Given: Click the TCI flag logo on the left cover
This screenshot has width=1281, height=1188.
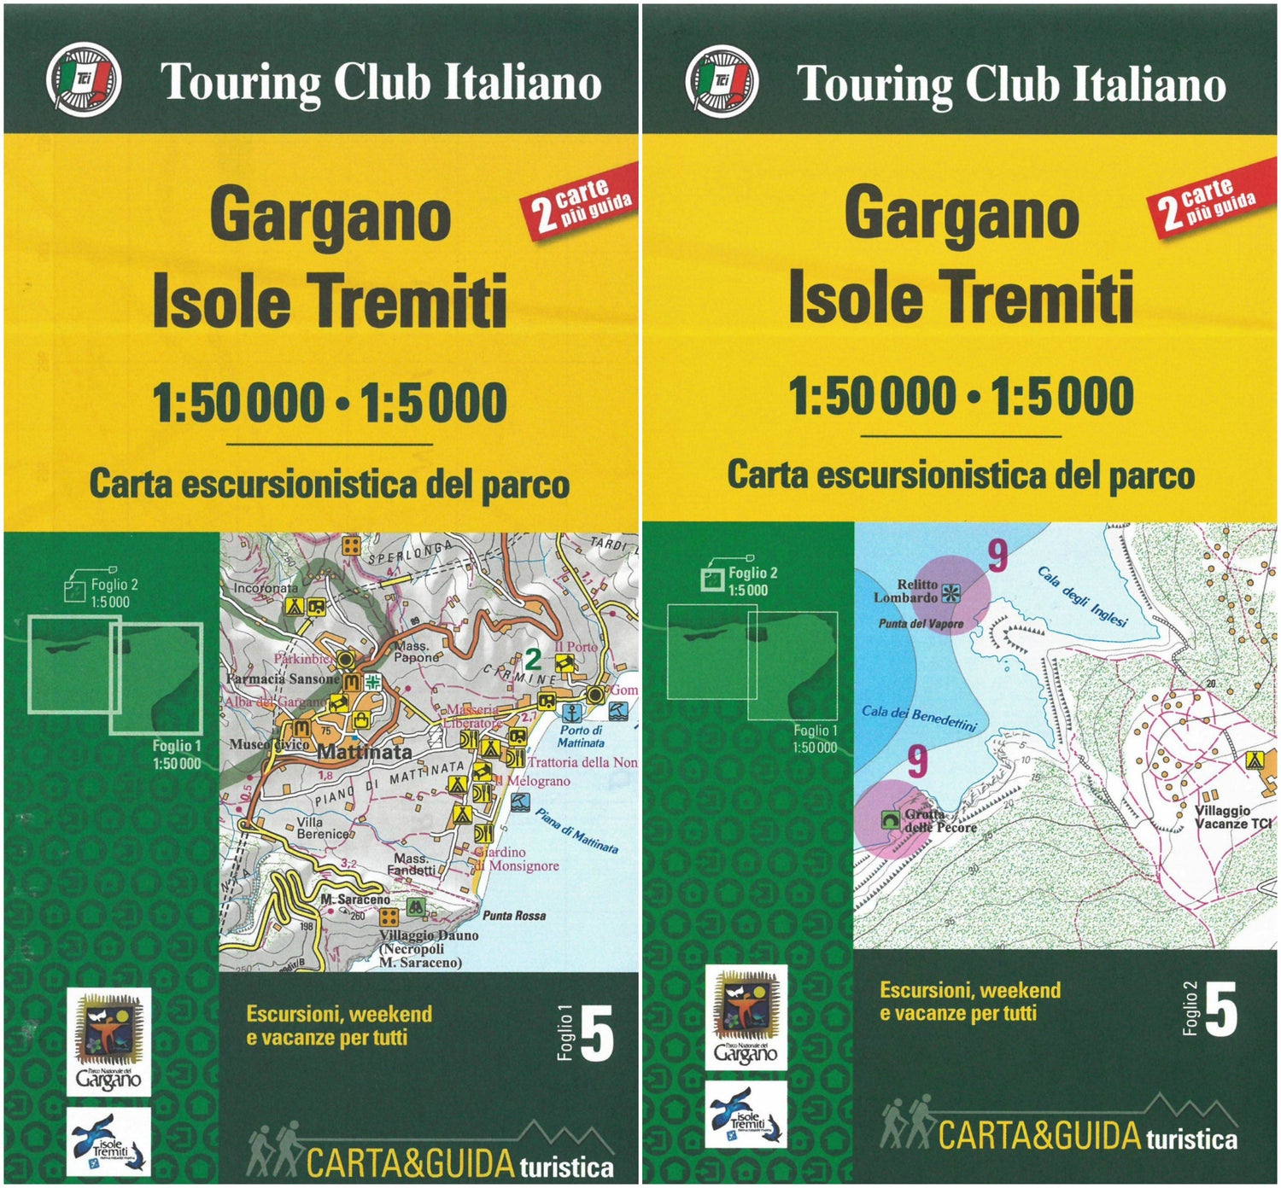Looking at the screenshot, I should pyautogui.click(x=83, y=81).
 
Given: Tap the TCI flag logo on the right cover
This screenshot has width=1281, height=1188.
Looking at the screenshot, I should pyautogui.click(x=722, y=81).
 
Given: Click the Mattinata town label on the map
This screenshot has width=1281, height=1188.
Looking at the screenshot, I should pyautogui.click(x=365, y=753).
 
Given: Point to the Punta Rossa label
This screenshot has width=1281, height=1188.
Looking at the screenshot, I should pyautogui.click(x=514, y=916).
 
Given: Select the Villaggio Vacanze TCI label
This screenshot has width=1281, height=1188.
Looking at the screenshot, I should pyautogui.click(x=1232, y=817).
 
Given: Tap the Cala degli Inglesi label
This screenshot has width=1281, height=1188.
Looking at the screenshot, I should pyautogui.click(x=1082, y=595).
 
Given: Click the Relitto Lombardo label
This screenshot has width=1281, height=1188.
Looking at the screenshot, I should pyautogui.click(x=907, y=591).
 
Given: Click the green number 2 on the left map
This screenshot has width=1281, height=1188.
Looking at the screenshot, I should pyautogui.click(x=533, y=659).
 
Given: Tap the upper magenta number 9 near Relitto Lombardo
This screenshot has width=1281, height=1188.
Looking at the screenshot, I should pyautogui.click(x=997, y=557).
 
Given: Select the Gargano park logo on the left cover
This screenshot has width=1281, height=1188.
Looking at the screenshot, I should pyautogui.click(x=108, y=1040).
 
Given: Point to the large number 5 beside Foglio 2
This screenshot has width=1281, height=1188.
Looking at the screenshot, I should pyautogui.click(x=1221, y=1009).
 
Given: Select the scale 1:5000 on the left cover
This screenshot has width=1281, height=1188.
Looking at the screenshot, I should pyautogui.click(x=434, y=403).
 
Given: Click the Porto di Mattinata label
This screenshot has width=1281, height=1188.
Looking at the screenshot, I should pyautogui.click(x=581, y=737).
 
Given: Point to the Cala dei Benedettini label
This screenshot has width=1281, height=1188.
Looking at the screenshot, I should pyautogui.click(x=918, y=717).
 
